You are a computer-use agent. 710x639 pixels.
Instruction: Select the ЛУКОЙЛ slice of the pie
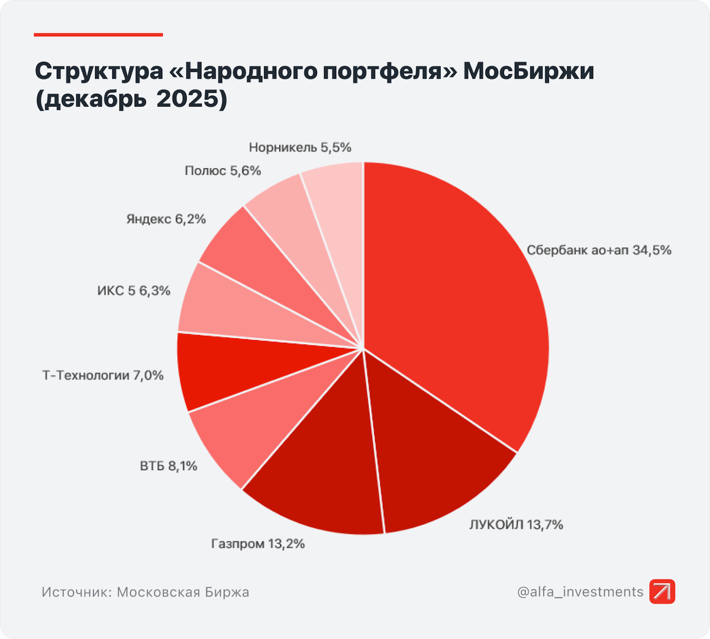point(432,462)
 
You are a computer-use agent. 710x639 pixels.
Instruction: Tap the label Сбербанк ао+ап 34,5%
point(599,251)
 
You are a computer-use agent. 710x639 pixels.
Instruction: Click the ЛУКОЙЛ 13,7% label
point(516,525)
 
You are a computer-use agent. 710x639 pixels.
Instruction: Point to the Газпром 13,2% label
point(258,544)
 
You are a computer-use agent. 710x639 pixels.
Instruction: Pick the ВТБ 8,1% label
point(169,467)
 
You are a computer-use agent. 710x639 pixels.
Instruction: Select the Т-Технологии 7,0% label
point(102,375)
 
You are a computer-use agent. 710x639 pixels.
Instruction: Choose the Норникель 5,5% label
point(300,147)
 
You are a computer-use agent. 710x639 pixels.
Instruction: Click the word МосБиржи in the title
point(528,71)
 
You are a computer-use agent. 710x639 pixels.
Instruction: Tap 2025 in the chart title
point(192,99)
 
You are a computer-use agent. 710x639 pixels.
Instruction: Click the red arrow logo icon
point(662,592)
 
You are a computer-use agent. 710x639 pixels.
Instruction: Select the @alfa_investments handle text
point(580,592)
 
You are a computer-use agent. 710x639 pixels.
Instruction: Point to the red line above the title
point(98,35)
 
